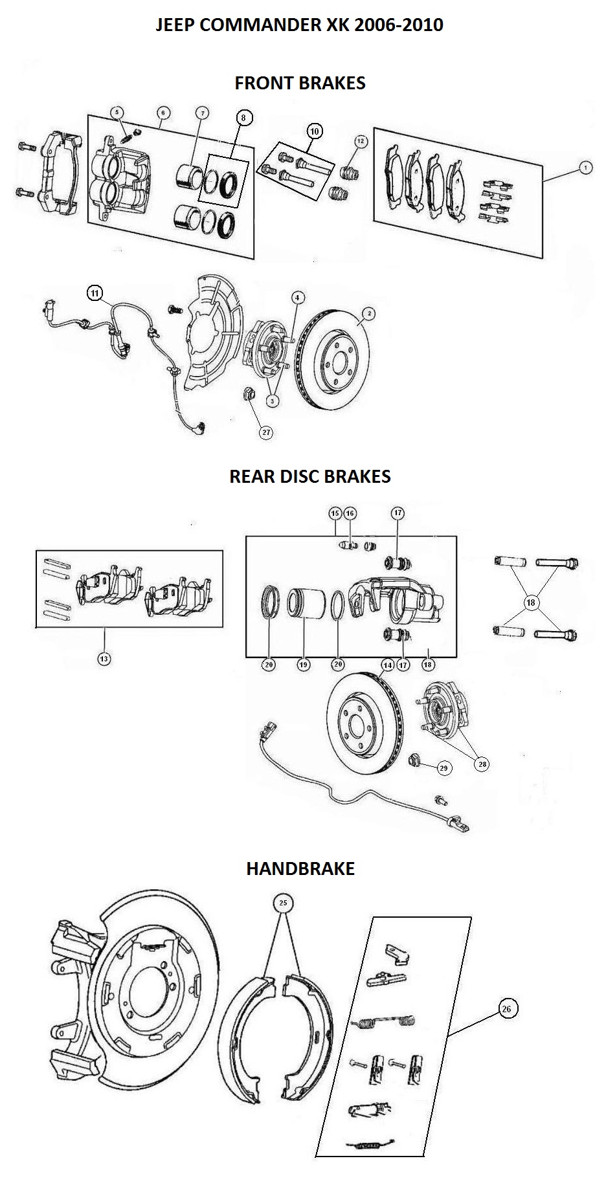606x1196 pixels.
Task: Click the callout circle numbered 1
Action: tap(585, 168)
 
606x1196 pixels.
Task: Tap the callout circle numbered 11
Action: tap(95, 293)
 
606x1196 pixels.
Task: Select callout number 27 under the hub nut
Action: tap(266, 433)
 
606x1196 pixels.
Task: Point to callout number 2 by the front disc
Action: tap(368, 315)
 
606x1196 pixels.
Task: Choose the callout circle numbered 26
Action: tap(506, 1009)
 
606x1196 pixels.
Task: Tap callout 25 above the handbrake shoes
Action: tap(283, 903)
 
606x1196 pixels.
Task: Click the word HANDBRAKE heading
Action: tap(300, 868)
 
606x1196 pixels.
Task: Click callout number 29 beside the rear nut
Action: tap(443, 768)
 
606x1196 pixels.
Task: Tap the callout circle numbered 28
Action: tap(482, 764)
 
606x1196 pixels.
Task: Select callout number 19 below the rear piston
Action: tap(303, 664)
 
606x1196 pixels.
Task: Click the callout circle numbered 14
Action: tap(387, 665)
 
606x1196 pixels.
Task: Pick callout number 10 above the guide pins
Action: tap(315, 131)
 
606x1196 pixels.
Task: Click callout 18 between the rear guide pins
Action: tap(531, 603)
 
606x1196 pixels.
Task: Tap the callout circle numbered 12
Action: tap(361, 141)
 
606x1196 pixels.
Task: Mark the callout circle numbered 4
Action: tap(297, 298)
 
